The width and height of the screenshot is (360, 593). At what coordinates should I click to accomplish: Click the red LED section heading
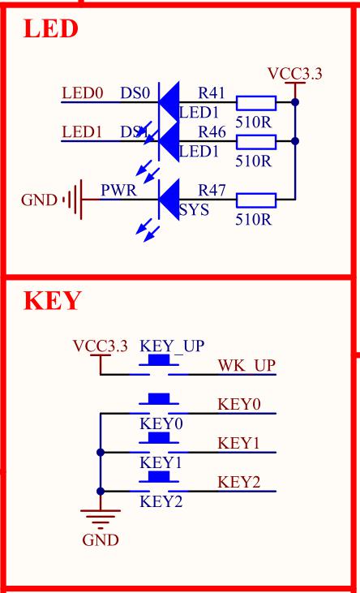(50, 28)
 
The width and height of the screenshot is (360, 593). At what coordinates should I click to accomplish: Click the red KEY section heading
(53, 301)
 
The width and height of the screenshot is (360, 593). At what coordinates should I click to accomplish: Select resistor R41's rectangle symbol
(256, 103)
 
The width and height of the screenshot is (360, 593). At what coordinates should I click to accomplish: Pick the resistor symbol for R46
(256, 142)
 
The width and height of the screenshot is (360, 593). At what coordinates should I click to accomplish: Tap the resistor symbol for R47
(256, 200)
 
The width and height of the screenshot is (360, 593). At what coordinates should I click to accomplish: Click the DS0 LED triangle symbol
(169, 102)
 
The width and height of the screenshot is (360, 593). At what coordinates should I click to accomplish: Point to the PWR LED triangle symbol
(169, 200)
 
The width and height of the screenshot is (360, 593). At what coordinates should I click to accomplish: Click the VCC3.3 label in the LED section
(295, 74)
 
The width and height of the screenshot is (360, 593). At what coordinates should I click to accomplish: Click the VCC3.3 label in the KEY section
(101, 346)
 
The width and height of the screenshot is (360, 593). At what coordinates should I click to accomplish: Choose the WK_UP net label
(246, 366)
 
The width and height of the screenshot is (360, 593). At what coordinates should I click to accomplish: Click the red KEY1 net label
(238, 443)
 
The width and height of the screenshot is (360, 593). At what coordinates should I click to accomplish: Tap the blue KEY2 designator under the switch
(161, 501)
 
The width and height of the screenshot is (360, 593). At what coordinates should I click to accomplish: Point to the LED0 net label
(82, 93)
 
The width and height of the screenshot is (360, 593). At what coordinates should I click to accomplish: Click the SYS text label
(194, 209)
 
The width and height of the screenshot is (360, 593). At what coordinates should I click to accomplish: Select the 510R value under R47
(253, 220)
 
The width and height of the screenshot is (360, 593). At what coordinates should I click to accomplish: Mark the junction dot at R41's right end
(295, 102)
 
